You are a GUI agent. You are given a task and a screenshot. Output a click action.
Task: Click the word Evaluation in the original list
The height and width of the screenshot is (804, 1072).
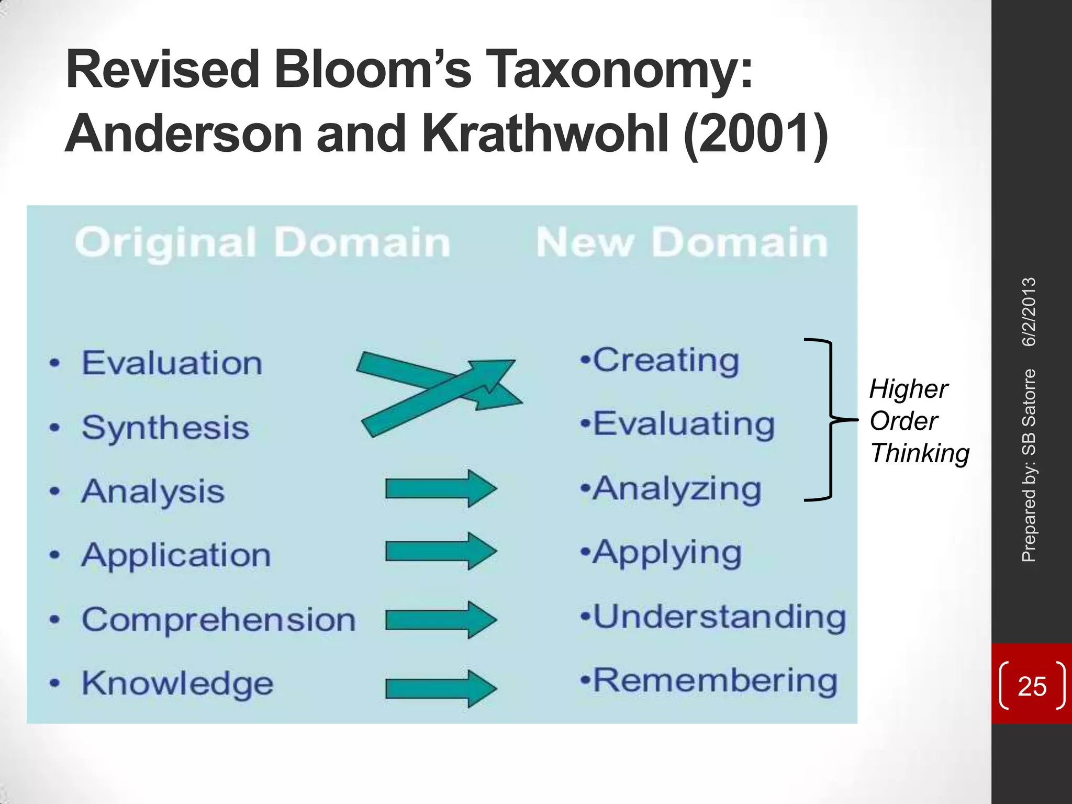click(172, 363)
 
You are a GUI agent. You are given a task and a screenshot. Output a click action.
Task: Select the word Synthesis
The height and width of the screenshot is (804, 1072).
click(165, 428)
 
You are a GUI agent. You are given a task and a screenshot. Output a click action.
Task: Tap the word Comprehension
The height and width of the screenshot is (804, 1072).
click(218, 620)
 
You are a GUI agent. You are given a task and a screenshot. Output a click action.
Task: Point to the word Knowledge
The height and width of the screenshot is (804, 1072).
click(177, 684)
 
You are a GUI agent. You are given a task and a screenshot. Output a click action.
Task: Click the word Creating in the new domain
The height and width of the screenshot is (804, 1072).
click(666, 361)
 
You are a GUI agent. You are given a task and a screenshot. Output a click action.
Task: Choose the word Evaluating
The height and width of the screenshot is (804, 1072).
click(683, 424)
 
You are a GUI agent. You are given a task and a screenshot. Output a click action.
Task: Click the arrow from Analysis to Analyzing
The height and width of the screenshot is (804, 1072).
click(441, 489)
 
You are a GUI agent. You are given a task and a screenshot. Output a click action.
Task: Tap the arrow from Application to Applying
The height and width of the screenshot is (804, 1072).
click(441, 551)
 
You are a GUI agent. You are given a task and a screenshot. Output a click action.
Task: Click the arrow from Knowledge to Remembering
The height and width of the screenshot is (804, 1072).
click(441, 689)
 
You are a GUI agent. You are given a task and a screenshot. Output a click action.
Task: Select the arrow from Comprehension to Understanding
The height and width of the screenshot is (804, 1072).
click(441, 620)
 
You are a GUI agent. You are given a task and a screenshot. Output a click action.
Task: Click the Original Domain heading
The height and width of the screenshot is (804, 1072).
click(262, 243)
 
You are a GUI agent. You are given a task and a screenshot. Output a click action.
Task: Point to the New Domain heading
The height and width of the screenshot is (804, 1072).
click(682, 243)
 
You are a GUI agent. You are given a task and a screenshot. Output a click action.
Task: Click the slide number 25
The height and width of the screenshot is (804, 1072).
click(1032, 686)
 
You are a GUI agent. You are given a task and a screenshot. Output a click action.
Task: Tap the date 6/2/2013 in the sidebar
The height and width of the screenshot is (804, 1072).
click(1029, 312)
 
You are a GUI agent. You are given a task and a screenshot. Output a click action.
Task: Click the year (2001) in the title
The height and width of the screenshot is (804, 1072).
click(755, 134)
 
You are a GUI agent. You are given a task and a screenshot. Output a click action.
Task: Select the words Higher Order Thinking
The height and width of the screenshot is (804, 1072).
click(918, 421)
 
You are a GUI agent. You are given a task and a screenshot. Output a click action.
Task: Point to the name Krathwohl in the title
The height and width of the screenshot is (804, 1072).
click(545, 134)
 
